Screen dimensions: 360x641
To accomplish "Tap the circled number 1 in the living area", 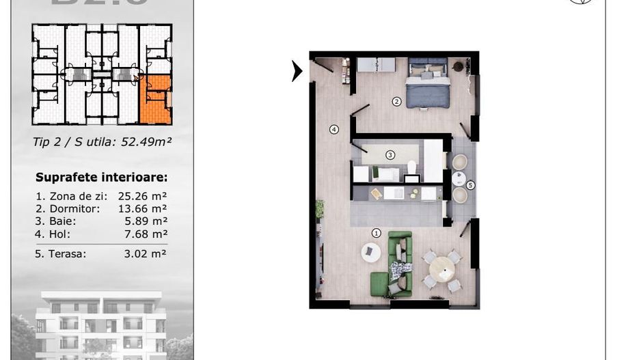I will (376, 233).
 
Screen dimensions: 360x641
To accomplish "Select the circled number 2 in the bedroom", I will (396, 102).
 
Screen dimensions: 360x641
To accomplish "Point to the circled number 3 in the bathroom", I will (390, 155).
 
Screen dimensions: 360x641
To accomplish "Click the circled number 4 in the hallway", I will (334, 129).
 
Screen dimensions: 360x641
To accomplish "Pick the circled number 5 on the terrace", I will (470, 184).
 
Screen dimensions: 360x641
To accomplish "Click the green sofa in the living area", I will (400, 263).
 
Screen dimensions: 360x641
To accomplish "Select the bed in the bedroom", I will (428, 83).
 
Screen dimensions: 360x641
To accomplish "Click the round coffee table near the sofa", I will (370, 253).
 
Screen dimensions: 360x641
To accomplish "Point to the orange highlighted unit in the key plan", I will (155, 100).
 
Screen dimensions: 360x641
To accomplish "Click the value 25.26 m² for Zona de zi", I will (143, 195).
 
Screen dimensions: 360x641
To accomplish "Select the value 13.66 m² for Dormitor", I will (143, 208).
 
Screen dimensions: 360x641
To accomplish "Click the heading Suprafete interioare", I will (102, 178).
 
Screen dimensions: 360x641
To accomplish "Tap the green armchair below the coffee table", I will (379, 283).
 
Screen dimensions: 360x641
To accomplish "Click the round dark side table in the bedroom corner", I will (459, 66).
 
